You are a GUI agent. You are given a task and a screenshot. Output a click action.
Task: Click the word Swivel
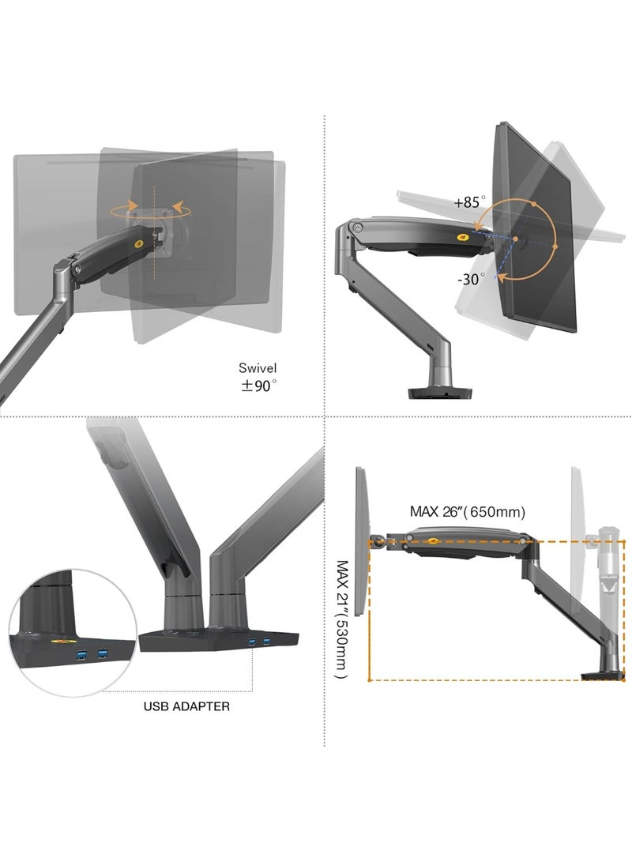(x=258, y=367)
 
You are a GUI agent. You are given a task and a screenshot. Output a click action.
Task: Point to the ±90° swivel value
(x=258, y=386)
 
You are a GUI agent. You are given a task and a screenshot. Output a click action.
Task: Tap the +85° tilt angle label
(x=469, y=202)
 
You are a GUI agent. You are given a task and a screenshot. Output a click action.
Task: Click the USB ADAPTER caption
(x=186, y=706)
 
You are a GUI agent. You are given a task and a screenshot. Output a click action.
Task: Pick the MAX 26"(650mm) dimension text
(x=468, y=512)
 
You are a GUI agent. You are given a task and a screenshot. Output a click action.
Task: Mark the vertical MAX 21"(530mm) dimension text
(x=342, y=619)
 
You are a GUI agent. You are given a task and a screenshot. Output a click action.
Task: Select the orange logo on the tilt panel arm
(x=461, y=235)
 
